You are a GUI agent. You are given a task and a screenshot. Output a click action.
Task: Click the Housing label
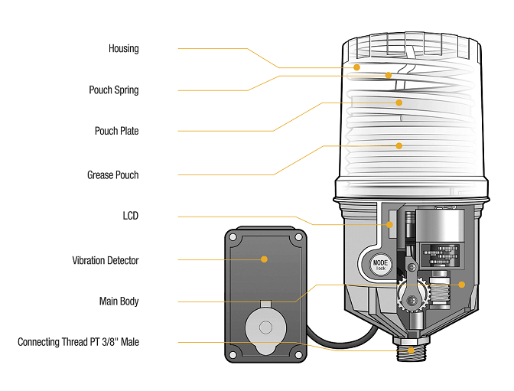[123, 49]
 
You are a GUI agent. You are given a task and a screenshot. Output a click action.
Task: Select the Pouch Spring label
[114, 90]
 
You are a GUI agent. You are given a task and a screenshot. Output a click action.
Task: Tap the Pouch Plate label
[116, 132]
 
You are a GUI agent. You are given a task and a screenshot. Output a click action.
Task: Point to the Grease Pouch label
[112, 175]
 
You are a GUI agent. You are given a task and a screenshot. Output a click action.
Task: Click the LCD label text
[130, 217]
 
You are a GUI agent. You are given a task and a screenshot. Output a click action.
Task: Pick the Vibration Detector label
[106, 261]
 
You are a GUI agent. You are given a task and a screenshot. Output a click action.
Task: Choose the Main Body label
[119, 301]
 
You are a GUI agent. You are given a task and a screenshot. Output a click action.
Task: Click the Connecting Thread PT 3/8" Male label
[78, 342]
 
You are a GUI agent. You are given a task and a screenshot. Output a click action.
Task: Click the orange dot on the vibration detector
[264, 259]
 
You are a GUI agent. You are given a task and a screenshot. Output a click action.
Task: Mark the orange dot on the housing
[357, 67]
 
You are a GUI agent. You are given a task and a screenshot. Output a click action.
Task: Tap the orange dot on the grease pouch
[399, 145]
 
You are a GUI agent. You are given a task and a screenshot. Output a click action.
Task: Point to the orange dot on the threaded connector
[412, 350]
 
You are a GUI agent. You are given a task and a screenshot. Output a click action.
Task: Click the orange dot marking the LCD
[389, 225]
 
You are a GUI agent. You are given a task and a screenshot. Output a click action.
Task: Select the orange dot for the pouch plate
[399, 102]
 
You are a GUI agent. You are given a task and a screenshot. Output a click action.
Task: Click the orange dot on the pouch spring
[389, 75]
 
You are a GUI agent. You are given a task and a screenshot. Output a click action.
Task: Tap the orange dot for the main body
[461, 284]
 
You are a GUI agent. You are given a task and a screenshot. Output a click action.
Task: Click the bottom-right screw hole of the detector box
[295, 353]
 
